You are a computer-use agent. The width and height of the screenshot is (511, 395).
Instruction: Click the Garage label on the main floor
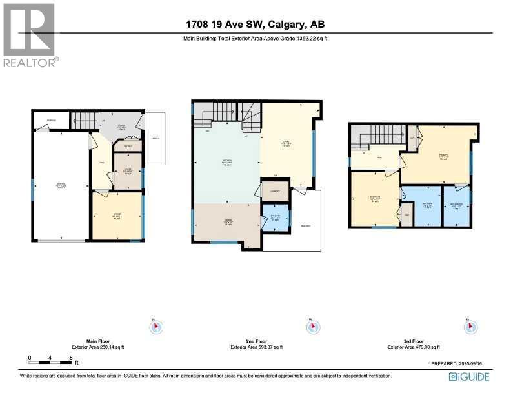point(61,186)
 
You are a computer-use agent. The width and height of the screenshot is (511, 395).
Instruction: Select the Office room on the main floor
point(117,215)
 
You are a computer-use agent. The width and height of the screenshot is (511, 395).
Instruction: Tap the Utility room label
point(127,171)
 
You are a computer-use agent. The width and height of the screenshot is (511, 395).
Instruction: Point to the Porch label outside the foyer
point(154,139)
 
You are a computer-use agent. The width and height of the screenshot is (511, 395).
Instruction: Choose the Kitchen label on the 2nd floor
point(226,163)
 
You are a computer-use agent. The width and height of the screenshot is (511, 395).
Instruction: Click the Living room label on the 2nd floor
point(287,145)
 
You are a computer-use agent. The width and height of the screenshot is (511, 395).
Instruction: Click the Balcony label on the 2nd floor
point(305,225)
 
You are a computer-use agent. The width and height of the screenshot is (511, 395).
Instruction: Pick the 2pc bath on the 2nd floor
point(275,218)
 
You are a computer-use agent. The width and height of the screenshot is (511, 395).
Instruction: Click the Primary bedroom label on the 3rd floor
point(443,156)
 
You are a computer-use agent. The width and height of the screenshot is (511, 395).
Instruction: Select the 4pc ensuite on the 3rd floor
point(457,207)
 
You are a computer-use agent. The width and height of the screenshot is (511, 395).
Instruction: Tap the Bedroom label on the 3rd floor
point(374,199)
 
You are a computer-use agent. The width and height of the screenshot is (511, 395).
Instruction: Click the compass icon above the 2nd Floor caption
point(312,327)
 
